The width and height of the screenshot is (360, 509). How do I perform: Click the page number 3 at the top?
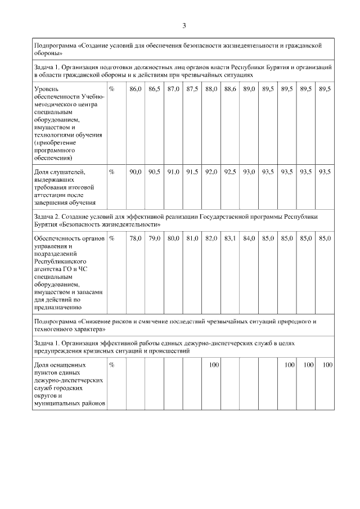tap(184, 25)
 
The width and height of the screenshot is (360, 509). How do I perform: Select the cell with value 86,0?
tap(135, 89)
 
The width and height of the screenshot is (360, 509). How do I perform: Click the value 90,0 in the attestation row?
tap(135, 172)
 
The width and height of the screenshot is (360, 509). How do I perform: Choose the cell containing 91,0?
tap(173, 172)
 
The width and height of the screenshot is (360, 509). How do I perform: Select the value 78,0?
tap(135, 238)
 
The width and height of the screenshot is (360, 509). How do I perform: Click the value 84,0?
tap(249, 238)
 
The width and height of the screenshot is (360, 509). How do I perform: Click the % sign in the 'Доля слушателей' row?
tap(112, 172)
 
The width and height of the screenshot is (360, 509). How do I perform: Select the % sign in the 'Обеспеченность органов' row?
tap(112, 238)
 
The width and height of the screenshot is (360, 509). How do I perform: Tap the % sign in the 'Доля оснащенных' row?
tap(112, 365)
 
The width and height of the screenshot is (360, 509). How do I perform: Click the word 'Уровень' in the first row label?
tap(47, 89)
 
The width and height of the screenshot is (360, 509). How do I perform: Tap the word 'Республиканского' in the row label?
tap(60, 262)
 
